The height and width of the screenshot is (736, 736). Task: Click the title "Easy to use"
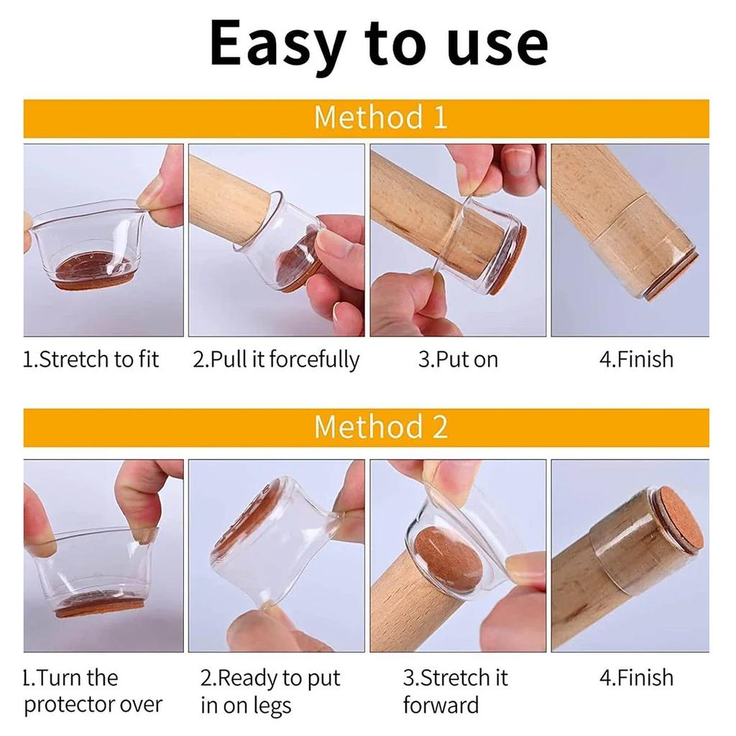point(379,45)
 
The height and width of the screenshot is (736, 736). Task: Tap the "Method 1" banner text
point(380,118)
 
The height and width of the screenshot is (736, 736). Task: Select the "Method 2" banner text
point(380,427)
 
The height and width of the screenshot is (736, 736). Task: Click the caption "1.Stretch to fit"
point(91,359)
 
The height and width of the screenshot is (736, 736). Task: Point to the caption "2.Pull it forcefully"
point(276,359)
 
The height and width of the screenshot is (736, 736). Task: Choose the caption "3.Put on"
point(458,359)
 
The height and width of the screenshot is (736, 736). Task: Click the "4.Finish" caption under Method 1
point(636,359)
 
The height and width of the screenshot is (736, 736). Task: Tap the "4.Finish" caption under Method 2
point(636,678)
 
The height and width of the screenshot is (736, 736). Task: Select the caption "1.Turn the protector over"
point(93,691)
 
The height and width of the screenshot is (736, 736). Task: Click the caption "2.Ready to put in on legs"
point(270,691)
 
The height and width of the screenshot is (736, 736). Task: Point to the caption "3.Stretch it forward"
point(455,691)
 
